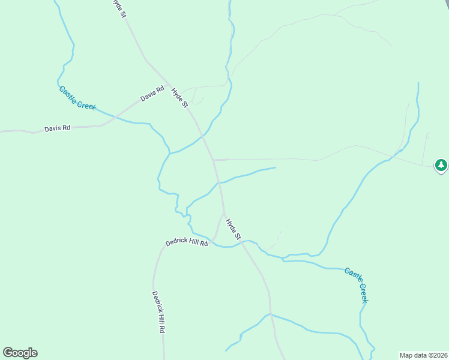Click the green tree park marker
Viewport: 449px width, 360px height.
pos(441,164)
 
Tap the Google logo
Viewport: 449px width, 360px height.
pos(20,353)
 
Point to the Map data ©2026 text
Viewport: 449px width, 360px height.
pos(423,355)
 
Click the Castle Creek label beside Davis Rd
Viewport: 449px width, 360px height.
pos(77,98)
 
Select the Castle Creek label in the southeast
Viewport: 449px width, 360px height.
pos(356,284)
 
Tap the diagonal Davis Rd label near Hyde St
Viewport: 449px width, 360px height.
pos(152,94)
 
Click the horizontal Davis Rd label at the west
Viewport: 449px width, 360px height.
pos(57,128)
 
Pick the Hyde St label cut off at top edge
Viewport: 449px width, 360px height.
pos(119,7)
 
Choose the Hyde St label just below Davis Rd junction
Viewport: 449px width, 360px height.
pos(179,98)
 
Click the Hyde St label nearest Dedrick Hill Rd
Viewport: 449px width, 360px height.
pos(233,230)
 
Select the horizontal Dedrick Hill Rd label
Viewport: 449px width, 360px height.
pos(186,243)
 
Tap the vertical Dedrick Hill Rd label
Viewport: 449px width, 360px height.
pos(158,312)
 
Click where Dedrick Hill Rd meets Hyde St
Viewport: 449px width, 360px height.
pos(223,214)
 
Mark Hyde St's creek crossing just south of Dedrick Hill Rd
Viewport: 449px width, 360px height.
pos(241,243)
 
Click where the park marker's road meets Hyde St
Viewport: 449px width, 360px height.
pos(214,160)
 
